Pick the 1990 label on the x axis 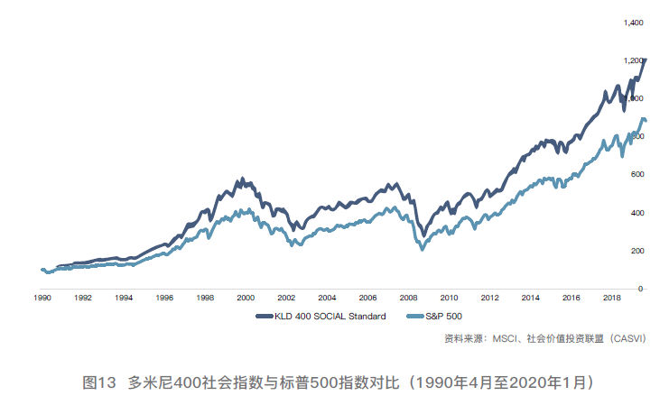click(42, 297)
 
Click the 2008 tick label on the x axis click(407, 297)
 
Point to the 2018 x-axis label click(611, 297)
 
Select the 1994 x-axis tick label click(124, 297)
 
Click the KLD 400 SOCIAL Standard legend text click(330, 316)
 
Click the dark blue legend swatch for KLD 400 click(265, 316)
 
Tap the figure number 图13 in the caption click(100, 382)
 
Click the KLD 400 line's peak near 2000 click(240, 179)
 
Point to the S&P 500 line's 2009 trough click(423, 248)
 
